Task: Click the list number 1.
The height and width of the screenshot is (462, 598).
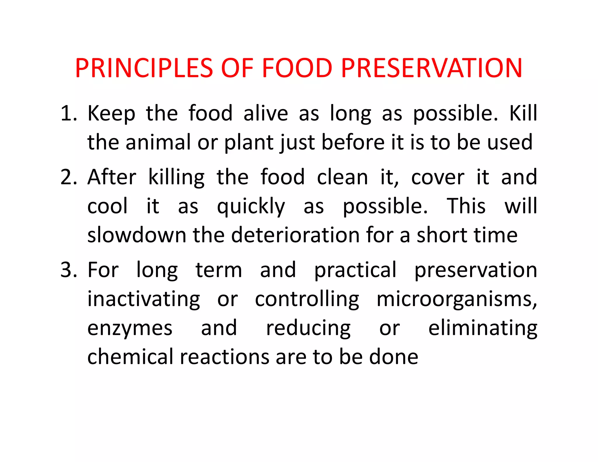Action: pyautogui.click(x=68, y=113)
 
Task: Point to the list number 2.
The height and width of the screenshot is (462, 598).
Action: pyautogui.click(x=68, y=177)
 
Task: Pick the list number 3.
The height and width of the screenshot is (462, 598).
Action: pyautogui.click(x=68, y=270)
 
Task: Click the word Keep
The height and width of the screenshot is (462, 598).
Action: pyautogui.click(x=111, y=113)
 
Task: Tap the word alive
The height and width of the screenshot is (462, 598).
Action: pyautogui.click(x=266, y=113)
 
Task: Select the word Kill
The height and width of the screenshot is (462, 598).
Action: pyautogui.click(x=523, y=113)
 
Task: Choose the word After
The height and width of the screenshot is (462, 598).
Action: pyautogui.click(x=112, y=177)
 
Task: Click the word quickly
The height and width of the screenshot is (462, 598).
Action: pyautogui.click(x=251, y=206)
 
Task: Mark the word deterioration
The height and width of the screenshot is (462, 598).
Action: pyautogui.click(x=295, y=235)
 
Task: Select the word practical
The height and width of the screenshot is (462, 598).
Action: pyautogui.click(x=355, y=270)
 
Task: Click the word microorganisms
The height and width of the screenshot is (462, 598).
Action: pyautogui.click(x=456, y=299)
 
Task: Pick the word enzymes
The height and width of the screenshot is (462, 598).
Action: pyautogui.click(x=130, y=328)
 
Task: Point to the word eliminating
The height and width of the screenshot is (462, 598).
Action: pyautogui.click(x=483, y=328)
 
